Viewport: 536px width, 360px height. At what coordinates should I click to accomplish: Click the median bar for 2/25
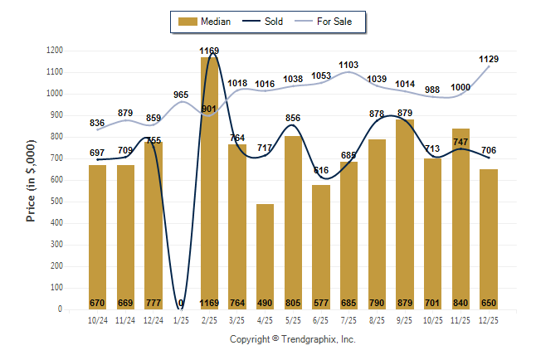click(209, 182)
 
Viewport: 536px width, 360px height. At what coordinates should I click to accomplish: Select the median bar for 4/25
click(266, 256)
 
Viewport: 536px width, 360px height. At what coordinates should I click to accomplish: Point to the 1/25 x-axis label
click(182, 319)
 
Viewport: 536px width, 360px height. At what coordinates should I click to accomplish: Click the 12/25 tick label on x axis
click(489, 319)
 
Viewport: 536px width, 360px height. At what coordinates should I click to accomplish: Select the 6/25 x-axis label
click(321, 319)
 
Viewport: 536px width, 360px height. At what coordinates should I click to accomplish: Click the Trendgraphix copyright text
click(292, 339)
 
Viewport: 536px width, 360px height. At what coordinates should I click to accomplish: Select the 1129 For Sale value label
click(489, 58)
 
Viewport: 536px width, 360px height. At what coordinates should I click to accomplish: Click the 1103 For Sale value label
click(349, 64)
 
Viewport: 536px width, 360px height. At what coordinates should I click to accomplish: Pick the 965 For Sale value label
click(182, 95)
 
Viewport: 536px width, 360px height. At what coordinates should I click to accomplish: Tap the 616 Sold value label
click(321, 170)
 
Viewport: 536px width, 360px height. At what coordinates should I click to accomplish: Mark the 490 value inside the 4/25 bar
click(266, 303)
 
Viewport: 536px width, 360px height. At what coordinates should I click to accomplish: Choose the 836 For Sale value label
click(98, 123)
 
